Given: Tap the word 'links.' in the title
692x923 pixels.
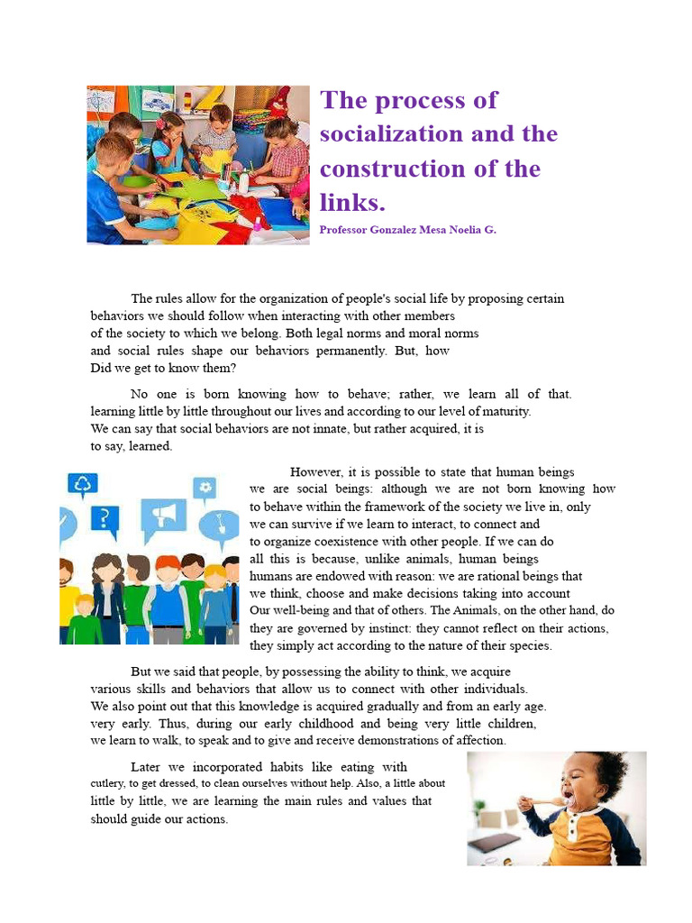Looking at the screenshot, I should click(x=352, y=203).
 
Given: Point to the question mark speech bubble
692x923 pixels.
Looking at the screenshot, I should click(x=105, y=518).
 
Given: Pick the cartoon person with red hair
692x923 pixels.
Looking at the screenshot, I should click(x=168, y=595).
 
